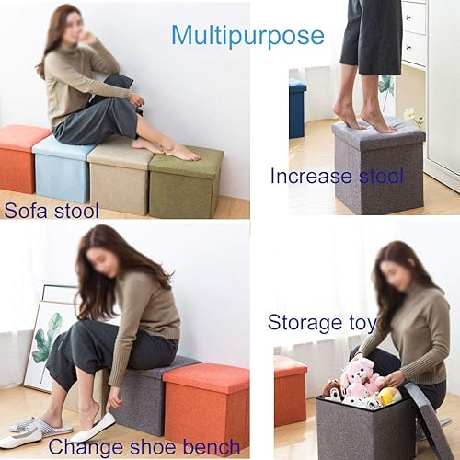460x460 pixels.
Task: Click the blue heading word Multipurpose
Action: (247, 36)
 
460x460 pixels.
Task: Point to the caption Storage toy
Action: (321, 322)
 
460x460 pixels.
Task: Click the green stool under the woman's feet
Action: (186, 184)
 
